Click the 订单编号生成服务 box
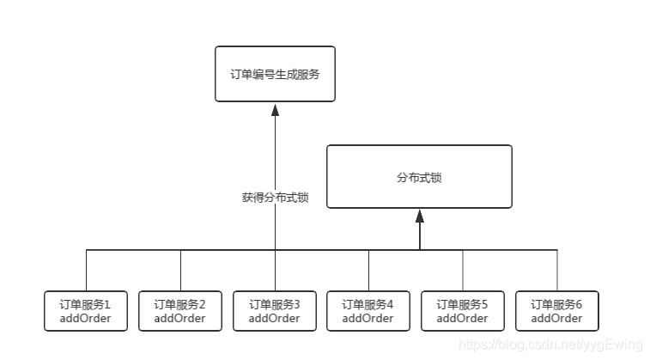point(275,74)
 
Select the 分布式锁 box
point(419,177)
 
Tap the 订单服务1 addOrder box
point(86,311)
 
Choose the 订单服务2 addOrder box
point(180,311)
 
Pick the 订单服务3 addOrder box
point(275,311)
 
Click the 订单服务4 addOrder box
point(368,311)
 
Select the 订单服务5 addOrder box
point(463,311)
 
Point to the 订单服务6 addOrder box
point(556,311)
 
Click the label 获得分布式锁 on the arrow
point(275,198)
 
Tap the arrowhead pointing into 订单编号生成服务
point(275,109)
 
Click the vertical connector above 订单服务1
point(86,271)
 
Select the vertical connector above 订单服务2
point(180,271)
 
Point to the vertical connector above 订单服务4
point(368,271)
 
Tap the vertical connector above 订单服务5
point(463,271)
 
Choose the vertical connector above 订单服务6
point(556,271)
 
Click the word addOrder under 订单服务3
point(275,319)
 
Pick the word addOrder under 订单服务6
point(556,319)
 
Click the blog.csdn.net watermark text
point(550,345)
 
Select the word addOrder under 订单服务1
point(86,319)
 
